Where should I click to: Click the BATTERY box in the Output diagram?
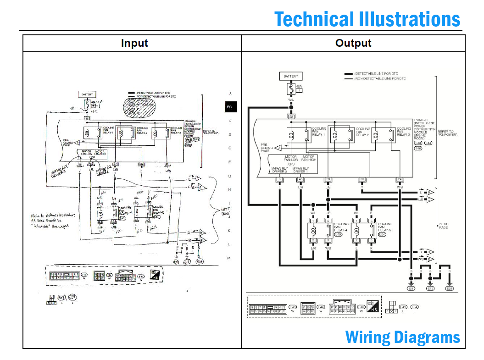pos(290,76)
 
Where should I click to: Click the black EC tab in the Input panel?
pos(230,107)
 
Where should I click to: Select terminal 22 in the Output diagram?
pos(290,116)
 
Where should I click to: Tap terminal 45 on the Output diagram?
pos(300,179)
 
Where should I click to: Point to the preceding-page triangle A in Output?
pos(278,148)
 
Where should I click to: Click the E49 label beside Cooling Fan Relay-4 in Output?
pos(338,234)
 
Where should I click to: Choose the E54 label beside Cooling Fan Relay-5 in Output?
pos(382,234)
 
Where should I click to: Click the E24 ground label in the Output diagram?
pos(449,288)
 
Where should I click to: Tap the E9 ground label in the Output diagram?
pos(411,288)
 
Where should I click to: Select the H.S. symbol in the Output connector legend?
pos(374,309)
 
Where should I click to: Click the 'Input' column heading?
pos(134,43)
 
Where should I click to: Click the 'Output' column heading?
pos(353,43)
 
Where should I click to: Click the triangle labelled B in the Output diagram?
pos(430,192)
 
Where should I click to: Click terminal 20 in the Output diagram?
pos(362,179)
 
